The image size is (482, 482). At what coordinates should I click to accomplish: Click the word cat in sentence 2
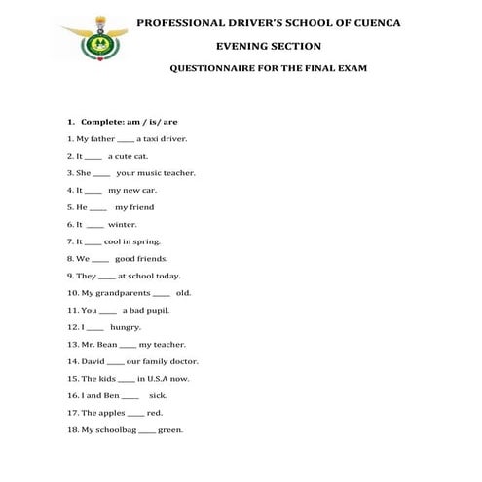(x=139, y=156)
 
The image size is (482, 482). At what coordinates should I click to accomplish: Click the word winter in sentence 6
(x=123, y=224)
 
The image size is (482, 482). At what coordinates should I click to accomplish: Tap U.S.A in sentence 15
(x=160, y=378)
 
